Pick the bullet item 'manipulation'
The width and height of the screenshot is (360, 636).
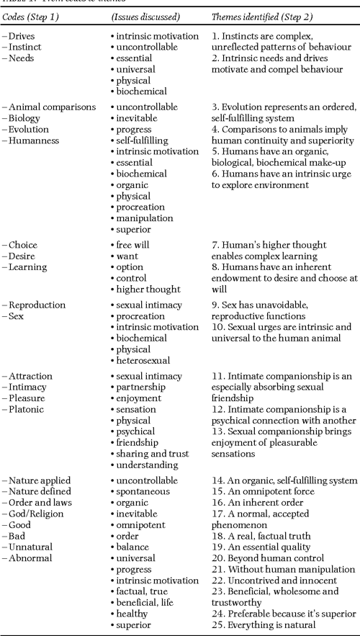[143, 218]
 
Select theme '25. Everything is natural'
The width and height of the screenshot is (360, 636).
[268, 626]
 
